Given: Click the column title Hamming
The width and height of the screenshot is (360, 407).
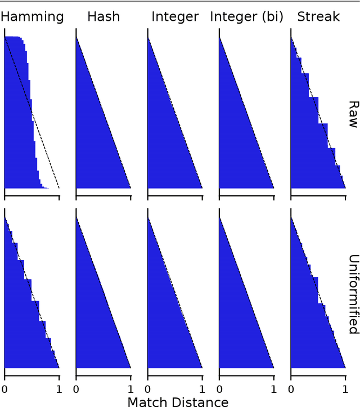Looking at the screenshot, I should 32,16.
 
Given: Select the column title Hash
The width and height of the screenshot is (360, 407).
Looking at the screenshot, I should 103,16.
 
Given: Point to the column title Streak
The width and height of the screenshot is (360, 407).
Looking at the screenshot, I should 318,16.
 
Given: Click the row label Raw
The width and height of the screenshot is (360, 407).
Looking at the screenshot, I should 353,114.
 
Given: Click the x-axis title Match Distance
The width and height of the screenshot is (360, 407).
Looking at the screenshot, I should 178,401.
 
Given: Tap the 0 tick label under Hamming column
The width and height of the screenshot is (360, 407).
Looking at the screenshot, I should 4,388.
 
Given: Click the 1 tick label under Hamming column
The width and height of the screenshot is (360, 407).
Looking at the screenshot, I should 59,388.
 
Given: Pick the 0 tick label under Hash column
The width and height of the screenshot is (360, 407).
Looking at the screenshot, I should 76,388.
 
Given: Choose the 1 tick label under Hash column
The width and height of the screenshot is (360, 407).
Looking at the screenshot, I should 130,388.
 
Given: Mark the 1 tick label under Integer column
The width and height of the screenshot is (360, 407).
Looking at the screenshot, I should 202,388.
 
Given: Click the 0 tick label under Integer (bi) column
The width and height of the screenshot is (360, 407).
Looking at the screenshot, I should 219,388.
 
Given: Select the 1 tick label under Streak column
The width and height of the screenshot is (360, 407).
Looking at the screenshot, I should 345,388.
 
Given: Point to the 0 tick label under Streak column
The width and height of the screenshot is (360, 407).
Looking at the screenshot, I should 291,388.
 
